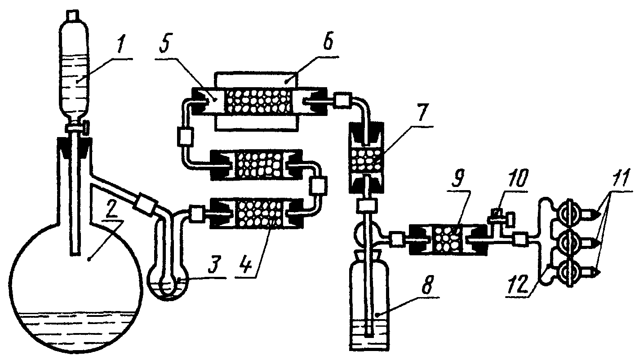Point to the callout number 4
[x=246, y=265]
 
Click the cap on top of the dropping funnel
[x=72, y=15]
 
